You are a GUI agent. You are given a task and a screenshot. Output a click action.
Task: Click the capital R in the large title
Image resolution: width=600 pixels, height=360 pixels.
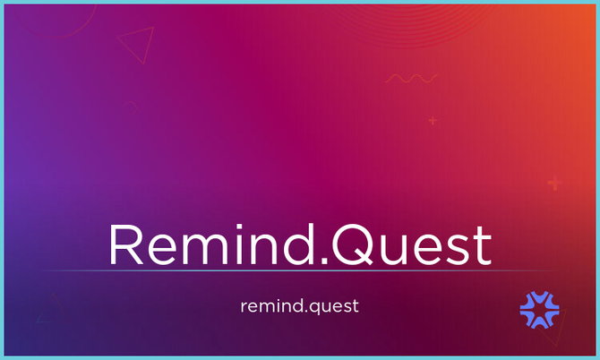click(126, 244)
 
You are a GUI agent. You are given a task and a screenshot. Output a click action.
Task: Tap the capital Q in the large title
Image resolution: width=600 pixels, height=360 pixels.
click(353, 244)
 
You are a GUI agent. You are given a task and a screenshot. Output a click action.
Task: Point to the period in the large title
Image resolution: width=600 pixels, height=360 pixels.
click(324, 261)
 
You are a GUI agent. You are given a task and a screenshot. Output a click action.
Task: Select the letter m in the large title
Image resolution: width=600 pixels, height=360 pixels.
click(208, 250)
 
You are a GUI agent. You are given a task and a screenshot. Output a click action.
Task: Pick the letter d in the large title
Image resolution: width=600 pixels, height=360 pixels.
click(297, 244)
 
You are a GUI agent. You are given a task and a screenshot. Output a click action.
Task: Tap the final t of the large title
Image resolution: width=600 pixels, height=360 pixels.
click(483, 247)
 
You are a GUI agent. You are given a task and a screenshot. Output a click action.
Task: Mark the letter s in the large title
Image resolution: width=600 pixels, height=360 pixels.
click(458, 250)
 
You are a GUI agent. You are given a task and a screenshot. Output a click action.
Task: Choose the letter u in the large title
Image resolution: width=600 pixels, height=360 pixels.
click(391, 251)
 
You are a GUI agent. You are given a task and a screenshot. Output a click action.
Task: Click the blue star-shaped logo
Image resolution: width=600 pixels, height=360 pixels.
click(539, 310)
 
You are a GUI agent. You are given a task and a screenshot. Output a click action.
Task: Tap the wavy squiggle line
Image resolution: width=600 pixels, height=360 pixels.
click(411, 79)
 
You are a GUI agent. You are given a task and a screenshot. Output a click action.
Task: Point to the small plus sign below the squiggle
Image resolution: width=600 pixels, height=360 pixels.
click(433, 121)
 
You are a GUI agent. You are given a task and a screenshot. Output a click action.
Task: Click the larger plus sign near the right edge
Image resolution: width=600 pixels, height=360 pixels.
click(554, 184)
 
